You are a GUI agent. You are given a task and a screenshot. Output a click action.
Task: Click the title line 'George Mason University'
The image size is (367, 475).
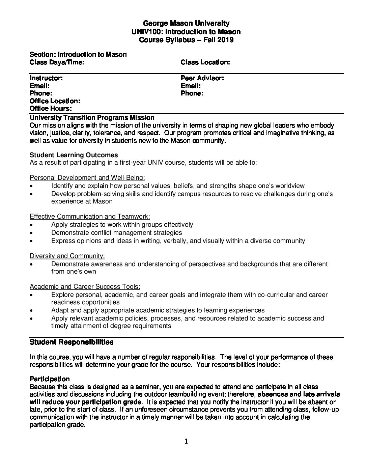(186, 24)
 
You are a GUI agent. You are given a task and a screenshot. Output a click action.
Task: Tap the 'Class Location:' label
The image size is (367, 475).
(205, 62)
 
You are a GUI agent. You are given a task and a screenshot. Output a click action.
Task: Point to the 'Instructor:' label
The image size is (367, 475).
(46, 78)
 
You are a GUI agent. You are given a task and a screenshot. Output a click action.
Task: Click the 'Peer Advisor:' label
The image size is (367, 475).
(202, 78)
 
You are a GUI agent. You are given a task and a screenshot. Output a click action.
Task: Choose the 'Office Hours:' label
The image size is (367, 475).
(51, 109)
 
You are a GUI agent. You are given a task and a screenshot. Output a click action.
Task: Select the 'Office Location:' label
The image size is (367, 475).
(55, 101)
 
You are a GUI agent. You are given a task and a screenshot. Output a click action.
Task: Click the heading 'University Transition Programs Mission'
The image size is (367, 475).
(92, 118)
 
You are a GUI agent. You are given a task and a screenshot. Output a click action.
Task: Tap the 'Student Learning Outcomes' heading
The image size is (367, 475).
(74, 155)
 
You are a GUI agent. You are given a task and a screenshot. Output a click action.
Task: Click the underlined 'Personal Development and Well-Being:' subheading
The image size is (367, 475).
(87, 178)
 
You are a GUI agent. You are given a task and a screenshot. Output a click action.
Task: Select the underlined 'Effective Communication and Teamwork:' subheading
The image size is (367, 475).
(90, 217)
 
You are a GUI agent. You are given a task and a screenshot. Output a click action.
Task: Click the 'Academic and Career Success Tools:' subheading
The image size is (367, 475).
(85, 287)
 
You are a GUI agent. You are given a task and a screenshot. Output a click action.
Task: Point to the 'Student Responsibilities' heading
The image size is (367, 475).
(72, 342)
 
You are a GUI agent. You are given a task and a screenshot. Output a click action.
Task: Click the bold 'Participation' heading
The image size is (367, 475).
(50, 379)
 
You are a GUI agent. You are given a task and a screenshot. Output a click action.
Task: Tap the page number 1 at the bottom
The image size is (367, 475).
(186, 441)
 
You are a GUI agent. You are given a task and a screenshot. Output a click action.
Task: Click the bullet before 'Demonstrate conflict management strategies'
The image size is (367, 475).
(31, 233)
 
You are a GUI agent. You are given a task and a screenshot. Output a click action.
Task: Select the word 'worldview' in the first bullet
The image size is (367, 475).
(289, 186)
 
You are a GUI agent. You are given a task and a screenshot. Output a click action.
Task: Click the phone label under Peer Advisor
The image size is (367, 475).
(192, 93)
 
